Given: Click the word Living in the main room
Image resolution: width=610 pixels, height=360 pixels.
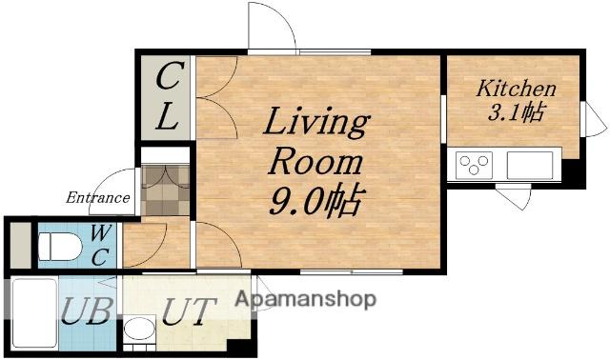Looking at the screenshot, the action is [x=316, y=122].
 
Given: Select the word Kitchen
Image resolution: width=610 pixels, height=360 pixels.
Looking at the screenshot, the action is [x=517, y=89].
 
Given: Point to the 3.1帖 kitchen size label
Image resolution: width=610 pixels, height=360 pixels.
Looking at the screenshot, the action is [x=516, y=112].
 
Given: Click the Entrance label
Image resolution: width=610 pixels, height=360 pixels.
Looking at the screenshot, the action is [x=97, y=197].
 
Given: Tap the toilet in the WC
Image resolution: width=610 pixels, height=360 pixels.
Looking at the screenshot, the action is [x=60, y=247].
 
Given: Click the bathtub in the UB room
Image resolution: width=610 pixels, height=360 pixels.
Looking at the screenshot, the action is [x=34, y=313].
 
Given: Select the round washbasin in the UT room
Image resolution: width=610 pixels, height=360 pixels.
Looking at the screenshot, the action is [x=139, y=329].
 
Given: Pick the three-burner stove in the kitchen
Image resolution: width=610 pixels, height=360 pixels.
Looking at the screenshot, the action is [x=474, y=165].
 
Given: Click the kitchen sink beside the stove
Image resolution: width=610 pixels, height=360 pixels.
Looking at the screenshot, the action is [x=530, y=165].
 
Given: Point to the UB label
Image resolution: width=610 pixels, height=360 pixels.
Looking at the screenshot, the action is [x=87, y=310].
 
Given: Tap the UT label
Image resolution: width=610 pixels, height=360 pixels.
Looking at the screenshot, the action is [x=189, y=311].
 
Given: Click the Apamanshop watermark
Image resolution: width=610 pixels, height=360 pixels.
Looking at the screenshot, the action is [x=306, y=299].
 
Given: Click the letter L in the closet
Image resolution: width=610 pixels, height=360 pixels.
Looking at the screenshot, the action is [x=168, y=117].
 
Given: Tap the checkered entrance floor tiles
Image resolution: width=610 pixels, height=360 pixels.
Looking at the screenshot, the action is [x=165, y=190].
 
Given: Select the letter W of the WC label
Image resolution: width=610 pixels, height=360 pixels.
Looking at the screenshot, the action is [x=101, y=233].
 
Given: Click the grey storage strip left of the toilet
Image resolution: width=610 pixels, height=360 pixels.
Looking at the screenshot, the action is [x=20, y=246].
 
